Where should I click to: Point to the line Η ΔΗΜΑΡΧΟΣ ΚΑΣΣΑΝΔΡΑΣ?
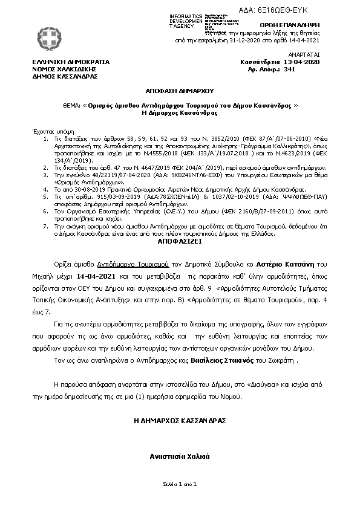coord(180,419)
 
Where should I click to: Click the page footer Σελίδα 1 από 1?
coord(180,484)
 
